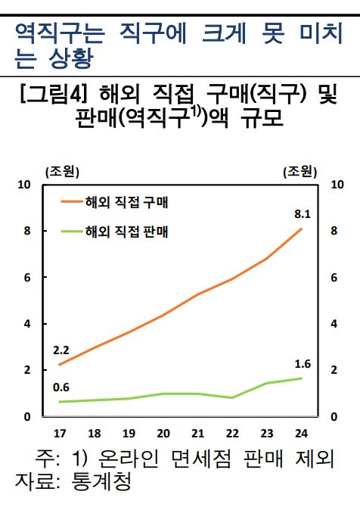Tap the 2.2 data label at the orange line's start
pos(61,350)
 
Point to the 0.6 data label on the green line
pos(61,388)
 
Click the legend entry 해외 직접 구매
pos(126,203)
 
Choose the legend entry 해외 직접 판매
pos(126,231)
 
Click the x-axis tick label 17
pos(60,434)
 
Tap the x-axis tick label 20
pos(163,434)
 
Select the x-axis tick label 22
pos(232,434)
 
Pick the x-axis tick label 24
pos(302,434)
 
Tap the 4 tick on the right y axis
pos(335,324)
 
